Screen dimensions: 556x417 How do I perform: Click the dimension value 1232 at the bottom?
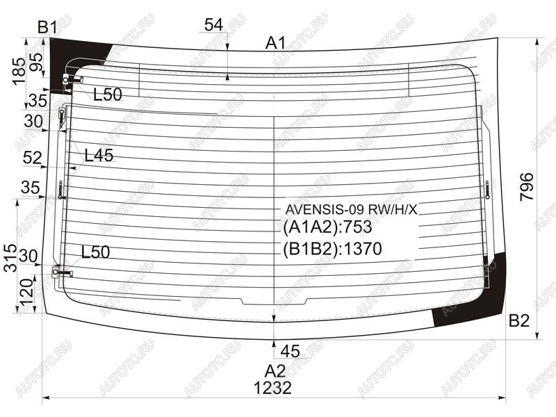272,388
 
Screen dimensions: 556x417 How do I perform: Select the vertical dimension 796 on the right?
527,187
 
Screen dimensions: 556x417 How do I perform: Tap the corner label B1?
48,27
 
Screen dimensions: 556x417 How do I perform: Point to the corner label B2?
519,320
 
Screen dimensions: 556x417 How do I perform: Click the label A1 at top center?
275,43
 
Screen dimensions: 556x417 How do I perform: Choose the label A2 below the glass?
275,371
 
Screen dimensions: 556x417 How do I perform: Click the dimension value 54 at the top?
214,25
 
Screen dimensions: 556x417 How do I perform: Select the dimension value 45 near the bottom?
290,352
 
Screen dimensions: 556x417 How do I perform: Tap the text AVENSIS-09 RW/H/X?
352,210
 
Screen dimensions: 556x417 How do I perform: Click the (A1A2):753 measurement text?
327,227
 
